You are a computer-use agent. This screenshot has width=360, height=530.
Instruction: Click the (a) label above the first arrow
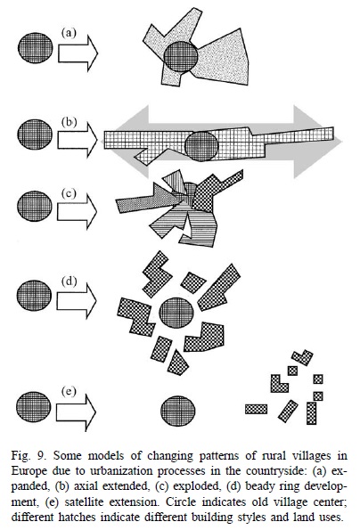click(x=69, y=33)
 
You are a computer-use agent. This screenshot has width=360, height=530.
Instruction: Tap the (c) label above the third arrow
click(x=69, y=193)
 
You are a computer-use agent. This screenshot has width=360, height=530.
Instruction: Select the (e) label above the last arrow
click(x=69, y=391)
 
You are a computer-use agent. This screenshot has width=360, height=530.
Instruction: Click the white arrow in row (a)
click(x=78, y=53)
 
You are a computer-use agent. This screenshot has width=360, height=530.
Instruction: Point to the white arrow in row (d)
click(x=77, y=301)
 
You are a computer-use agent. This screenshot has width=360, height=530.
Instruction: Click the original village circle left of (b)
click(x=35, y=135)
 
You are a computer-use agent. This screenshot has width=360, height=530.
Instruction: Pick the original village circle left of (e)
click(x=34, y=407)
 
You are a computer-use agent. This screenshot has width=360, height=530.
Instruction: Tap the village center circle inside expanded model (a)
click(x=181, y=56)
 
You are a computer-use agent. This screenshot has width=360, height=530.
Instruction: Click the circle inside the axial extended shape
click(x=201, y=146)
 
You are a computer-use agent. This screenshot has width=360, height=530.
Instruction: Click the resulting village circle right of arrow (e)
click(x=178, y=411)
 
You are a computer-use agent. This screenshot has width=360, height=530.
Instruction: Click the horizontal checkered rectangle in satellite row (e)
click(x=256, y=409)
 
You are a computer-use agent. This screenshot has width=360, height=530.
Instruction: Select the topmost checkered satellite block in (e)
click(x=302, y=357)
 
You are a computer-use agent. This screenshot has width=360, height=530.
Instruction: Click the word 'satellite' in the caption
click(x=84, y=501)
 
